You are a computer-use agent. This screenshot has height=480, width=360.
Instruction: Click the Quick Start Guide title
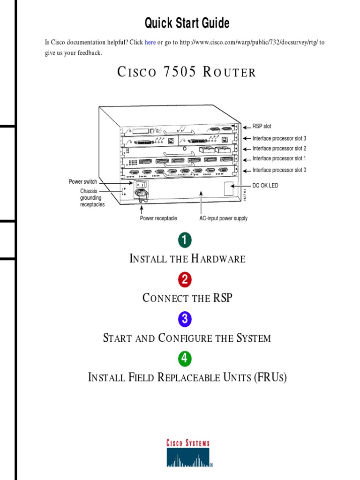click(187, 22)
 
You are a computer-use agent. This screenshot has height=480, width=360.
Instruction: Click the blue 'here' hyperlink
click(150, 43)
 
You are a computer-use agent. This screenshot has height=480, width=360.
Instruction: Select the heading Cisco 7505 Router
click(186, 72)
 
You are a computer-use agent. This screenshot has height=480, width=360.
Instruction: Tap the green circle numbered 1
click(185, 240)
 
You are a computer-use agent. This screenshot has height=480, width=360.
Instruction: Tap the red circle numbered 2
click(185, 280)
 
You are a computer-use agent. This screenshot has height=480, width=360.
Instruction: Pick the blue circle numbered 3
click(185, 319)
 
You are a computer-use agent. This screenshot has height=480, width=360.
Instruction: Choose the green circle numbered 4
click(185, 359)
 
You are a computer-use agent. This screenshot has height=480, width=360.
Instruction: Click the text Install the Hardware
click(187, 259)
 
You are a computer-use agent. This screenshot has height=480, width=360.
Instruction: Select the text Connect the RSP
click(187, 298)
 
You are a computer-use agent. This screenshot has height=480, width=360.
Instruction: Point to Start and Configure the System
click(187, 338)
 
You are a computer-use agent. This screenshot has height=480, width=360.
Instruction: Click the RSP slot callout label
click(262, 127)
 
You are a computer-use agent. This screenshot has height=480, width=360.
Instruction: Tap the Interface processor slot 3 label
click(279, 138)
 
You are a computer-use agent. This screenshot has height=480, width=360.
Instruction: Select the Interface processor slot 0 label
click(279, 170)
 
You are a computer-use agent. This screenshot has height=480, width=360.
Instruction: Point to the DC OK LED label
click(265, 186)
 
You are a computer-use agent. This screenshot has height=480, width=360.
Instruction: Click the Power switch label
click(83, 181)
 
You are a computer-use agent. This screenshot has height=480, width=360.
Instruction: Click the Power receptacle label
click(158, 218)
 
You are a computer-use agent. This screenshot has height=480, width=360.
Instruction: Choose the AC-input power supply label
click(223, 218)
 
